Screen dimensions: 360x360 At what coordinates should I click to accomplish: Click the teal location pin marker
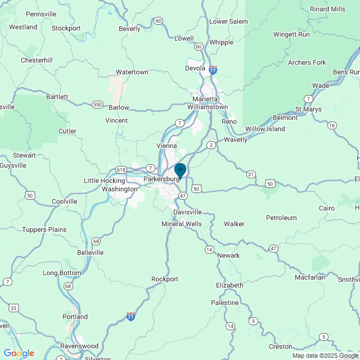pos(180,170)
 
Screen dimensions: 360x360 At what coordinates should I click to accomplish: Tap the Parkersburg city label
pos(161,179)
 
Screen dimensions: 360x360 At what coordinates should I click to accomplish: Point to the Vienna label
pos(166,146)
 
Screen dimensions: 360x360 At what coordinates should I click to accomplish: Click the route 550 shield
pos(98,105)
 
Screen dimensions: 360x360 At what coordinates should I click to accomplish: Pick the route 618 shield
pos(121,170)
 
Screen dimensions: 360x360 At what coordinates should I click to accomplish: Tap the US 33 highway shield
pos(13,308)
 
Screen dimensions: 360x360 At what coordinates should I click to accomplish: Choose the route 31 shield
pos(250,174)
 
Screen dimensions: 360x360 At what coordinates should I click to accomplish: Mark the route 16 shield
pos(332,125)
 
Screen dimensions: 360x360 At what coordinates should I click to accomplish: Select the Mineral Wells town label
pos(181,224)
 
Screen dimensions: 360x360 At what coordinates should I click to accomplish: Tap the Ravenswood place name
pos(80,346)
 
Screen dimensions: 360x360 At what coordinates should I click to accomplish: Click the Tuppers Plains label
pos(44,229)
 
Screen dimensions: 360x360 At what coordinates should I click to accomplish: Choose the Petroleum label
pos(281,218)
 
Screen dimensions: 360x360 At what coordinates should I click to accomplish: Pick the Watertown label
pos(132,73)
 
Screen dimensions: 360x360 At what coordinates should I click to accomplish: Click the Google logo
pos(19,353)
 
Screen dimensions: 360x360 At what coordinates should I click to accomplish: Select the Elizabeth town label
pos(229,286)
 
